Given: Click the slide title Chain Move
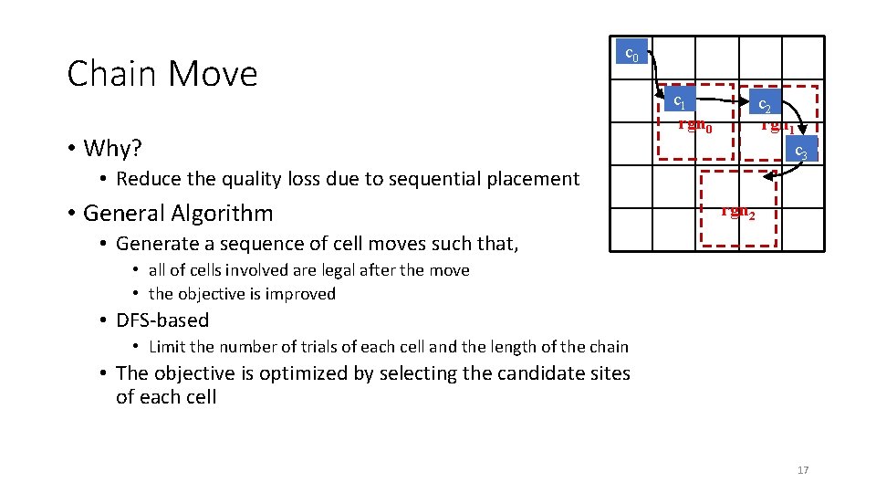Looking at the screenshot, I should pos(162,74).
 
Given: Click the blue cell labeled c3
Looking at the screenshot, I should pos(799,151).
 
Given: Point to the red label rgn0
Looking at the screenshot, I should pos(694,125).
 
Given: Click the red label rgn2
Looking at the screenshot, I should pos(737,212).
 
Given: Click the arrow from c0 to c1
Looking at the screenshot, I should pos(658,78).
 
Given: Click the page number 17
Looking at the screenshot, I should pos(803,470).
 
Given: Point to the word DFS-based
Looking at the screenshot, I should pos(162,320).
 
